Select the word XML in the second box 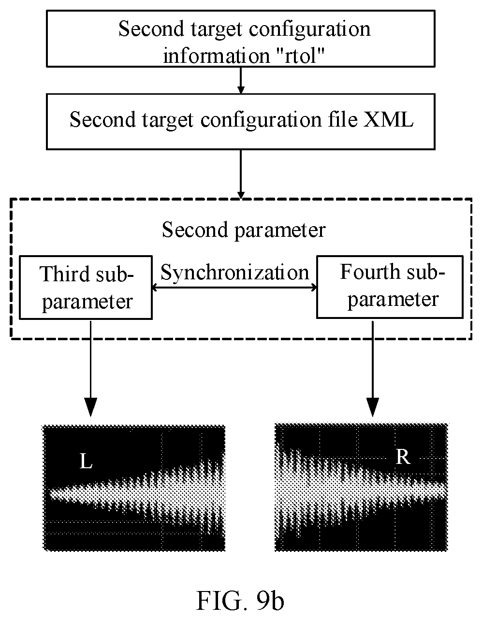(388, 119)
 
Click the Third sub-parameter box (86, 288)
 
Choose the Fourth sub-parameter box (390, 287)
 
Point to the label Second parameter (244, 230)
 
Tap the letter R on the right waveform (403, 457)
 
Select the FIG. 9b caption (240, 601)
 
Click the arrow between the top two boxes (241, 81)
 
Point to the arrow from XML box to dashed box (241, 174)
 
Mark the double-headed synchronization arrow (234, 288)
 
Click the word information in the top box (216, 56)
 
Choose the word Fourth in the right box (370, 272)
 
